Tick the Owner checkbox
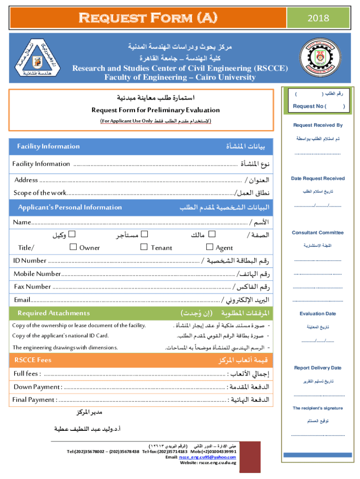click(x=73, y=247)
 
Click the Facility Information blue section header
click(x=49, y=146)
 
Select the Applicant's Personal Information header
click(x=70, y=207)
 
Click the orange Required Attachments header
click(x=54, y=313)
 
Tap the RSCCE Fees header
click(x=33, y=360)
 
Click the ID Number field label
click(x=30, y=261)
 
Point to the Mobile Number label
click(x=37, y=274)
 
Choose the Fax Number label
click(x=33, y=286)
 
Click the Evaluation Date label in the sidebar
click(x=318, y=314)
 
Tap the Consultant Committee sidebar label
click(x=318, y=232)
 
